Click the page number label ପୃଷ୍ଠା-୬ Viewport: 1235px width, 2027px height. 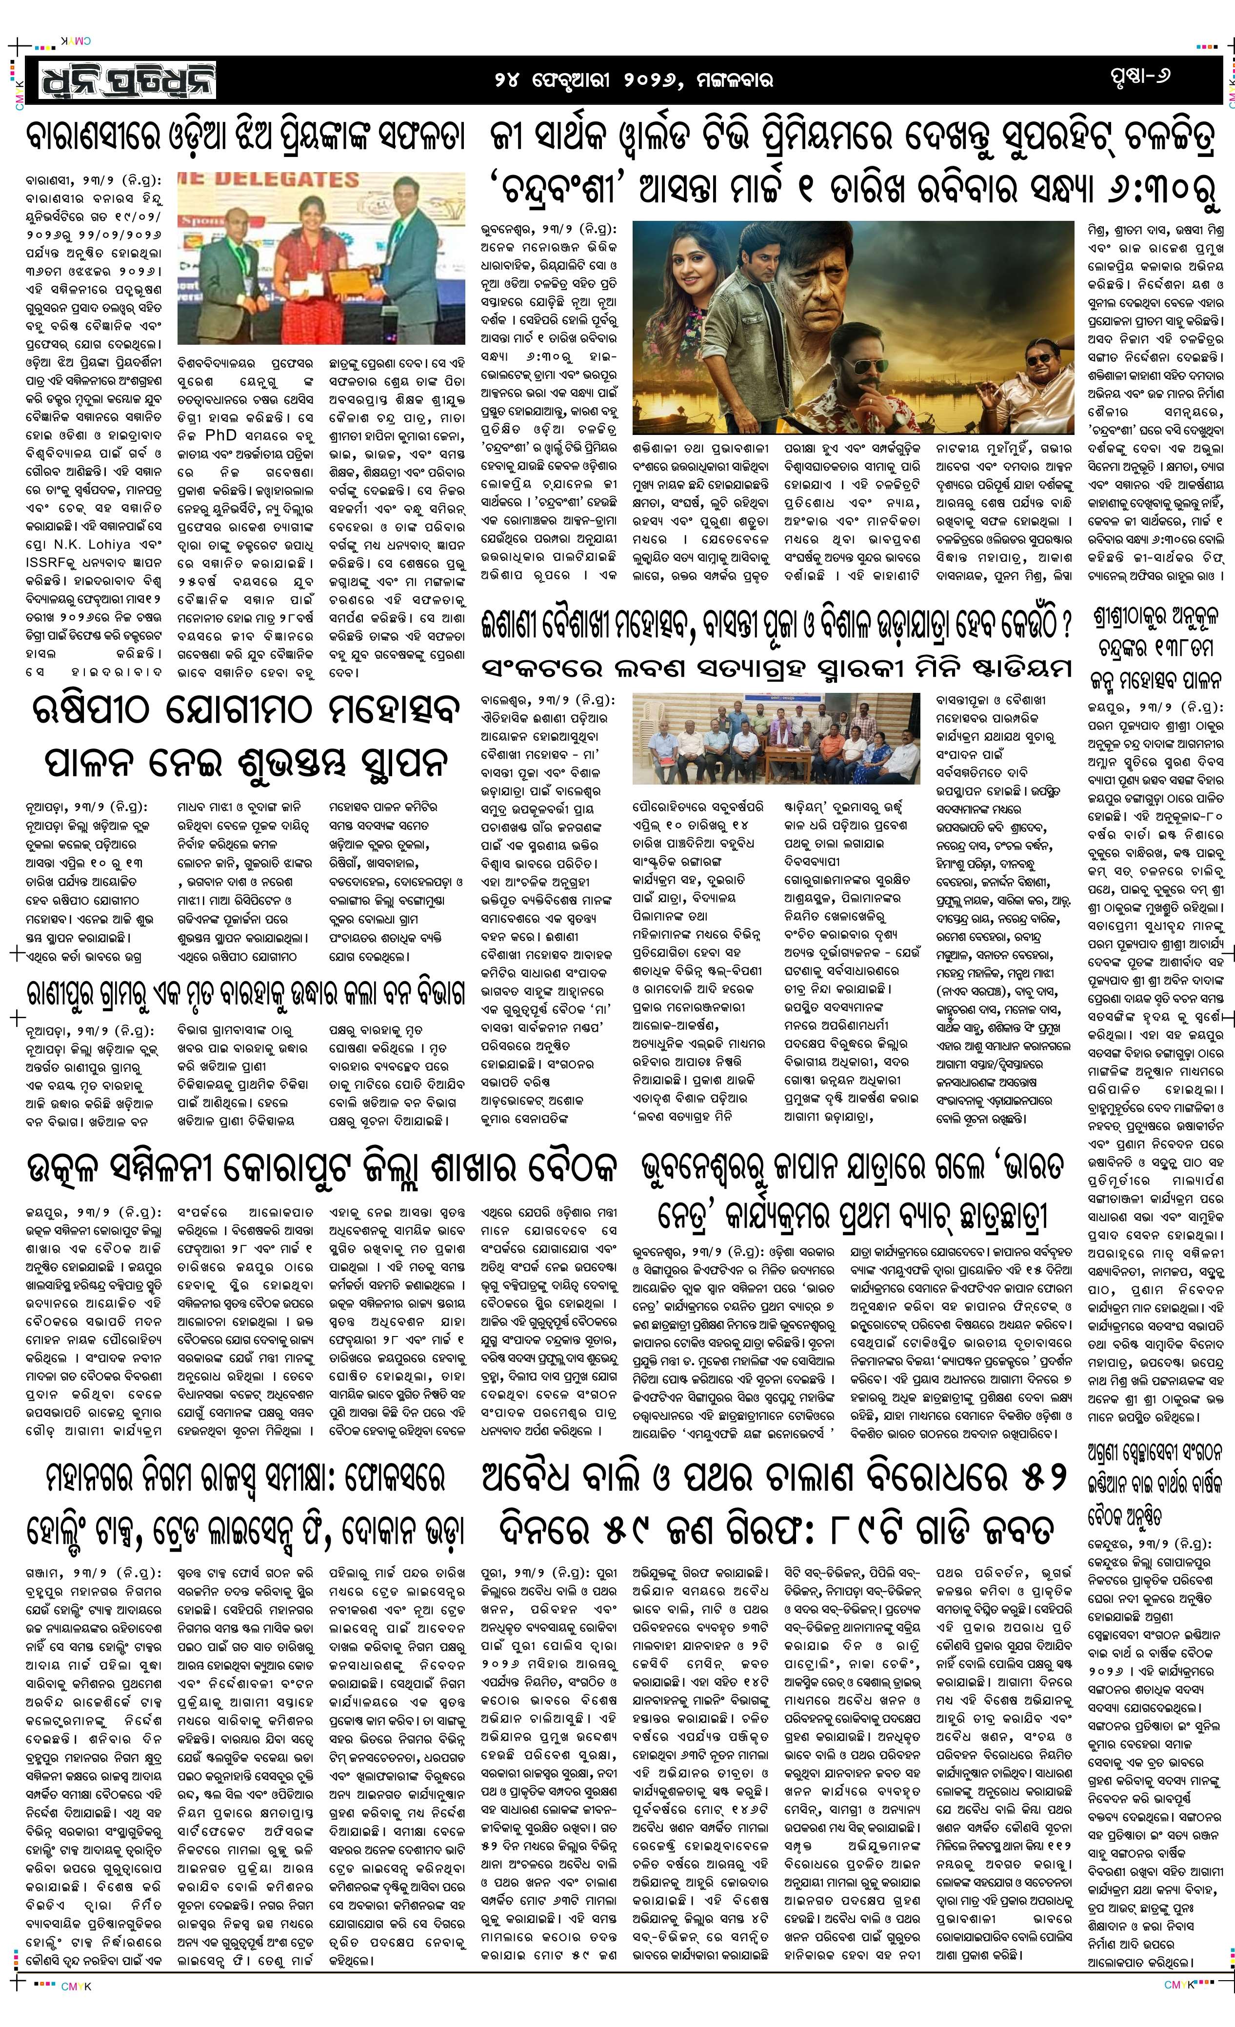point(1139,77)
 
